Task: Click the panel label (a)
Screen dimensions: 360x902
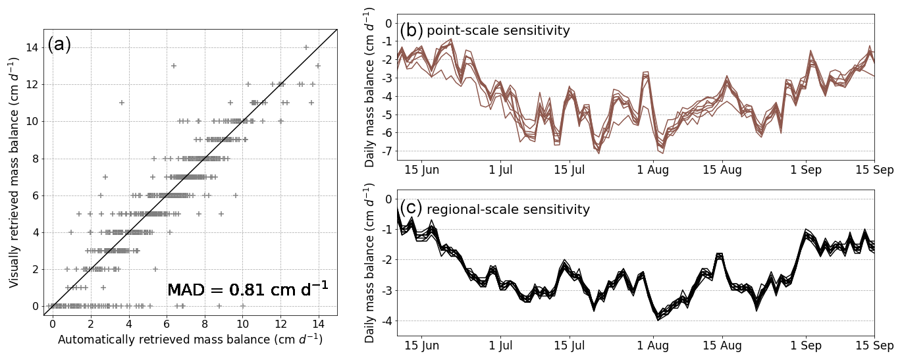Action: [59, 45]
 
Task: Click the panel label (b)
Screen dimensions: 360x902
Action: [411, 30]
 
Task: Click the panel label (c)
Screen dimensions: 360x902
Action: [411, 208]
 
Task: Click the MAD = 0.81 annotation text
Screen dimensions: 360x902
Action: [247, 290]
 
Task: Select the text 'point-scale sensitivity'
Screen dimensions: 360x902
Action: [498, 31]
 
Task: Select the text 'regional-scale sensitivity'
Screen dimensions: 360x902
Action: [508, 210]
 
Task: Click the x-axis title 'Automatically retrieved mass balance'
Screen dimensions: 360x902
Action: [190, 340]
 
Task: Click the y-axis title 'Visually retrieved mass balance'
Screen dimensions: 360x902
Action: [14, 172]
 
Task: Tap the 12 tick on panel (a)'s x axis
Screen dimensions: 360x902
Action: [280, 324]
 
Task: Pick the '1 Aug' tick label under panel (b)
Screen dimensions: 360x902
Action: [653, 170]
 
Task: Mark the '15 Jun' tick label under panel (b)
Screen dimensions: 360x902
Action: [421, 170]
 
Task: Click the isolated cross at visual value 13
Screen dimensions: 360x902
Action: [174, 66]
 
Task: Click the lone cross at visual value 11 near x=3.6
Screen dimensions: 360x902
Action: [121, 103]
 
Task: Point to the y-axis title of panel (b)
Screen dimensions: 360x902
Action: [370, 88]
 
